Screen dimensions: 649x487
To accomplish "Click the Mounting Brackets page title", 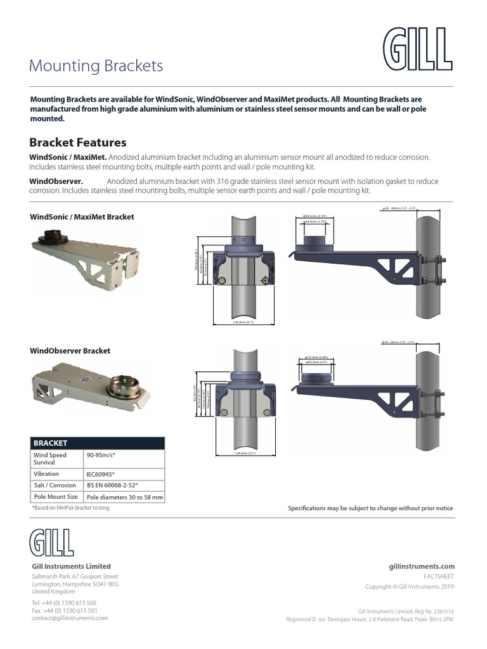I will pyautogui.click(x=96, y=66).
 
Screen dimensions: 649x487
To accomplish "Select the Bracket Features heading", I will pyautogui.click(x=78, y=143).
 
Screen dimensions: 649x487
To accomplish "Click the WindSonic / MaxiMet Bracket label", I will pyautogui.click(x=82, y=217).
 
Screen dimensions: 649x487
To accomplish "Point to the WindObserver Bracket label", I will pyautogui.click(x=70, y=350).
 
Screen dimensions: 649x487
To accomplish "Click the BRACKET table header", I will pyautogui.click(x=50, y=443).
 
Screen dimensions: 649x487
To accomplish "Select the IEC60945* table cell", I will pyautogui.click(x=100, y=474).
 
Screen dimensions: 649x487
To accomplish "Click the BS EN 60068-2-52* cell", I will pyautogui.click(x=112, y=485).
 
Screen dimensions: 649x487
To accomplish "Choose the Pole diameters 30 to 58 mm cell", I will pyautogui.click(x=124, y=498).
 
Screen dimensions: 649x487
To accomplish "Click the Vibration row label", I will pyautogui.click(x=46, y=474).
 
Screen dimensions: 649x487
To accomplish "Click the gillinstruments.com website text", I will pyautogui.click(x=421, y=566).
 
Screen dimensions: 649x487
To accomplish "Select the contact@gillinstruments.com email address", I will pyautogui.click(x=70, y=617).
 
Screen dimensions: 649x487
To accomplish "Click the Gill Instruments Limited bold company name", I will pyautogui.click(x=71, y=566).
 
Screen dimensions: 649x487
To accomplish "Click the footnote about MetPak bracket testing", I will pyautogui.click(x=70, y=508).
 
